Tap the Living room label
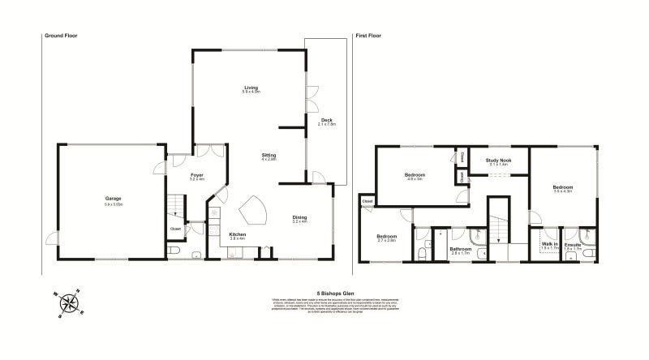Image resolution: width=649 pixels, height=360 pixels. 250,89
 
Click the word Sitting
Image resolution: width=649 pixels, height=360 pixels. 269,155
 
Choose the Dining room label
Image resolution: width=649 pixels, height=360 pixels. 300,217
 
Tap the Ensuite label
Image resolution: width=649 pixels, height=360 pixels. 573,243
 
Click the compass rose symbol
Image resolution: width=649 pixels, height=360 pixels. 71,303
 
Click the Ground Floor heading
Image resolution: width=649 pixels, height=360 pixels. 60,36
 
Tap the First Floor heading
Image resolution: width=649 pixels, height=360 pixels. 369,36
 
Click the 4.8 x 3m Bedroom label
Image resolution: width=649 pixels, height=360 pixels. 415,176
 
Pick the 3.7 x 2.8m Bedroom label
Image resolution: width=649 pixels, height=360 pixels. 385,238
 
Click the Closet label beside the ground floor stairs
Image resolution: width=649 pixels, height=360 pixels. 175,229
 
